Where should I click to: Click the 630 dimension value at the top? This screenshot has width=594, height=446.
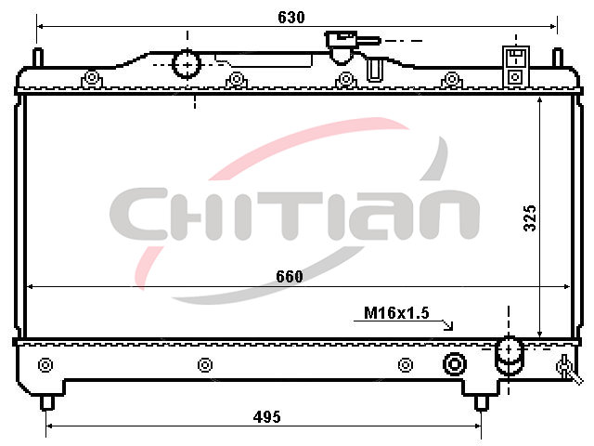(291, 18)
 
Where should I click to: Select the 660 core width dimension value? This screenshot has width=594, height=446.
(290, 277)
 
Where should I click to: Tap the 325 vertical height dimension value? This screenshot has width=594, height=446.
(530, 218)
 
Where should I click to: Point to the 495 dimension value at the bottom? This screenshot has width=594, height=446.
(267, 417)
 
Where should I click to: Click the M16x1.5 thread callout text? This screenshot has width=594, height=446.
(396, 313)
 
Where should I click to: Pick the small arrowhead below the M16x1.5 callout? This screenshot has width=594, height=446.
(448, 326)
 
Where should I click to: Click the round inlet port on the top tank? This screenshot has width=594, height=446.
(186, 64)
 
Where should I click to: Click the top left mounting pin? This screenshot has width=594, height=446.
(38, 58)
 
